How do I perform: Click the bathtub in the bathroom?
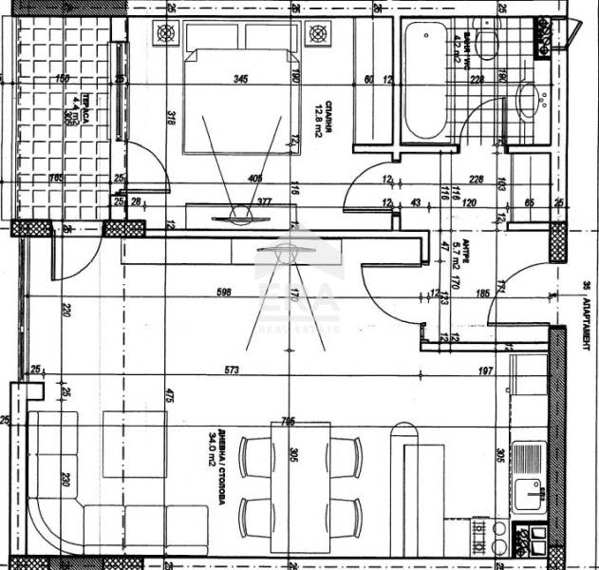tap(423, 81)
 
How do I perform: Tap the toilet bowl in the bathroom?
tap(488, 43)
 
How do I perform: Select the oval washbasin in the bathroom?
tap(528, 99)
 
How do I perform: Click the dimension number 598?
tap(224, 293)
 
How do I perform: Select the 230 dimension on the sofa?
tap(66, 481)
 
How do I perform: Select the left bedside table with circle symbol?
tap(168, 35)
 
